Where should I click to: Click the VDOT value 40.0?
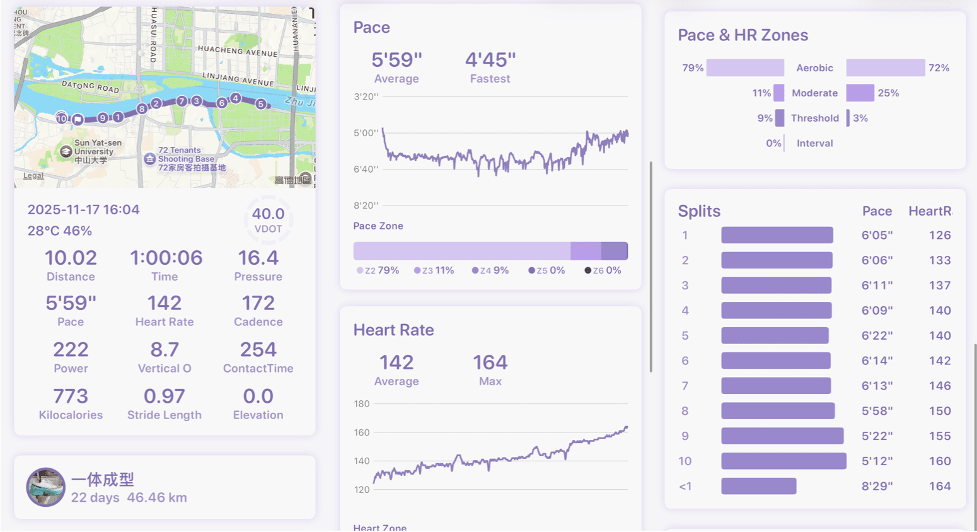pyautogui.click(x=268, y=214)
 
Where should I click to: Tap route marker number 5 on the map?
pyautogui.click(x=260, y=104)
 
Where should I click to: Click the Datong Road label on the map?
pyautogui.click(x=90, y=86)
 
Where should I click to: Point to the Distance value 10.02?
pyautogui.click(x=71, y=258)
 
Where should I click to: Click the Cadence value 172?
pyautogui.click(x=258, y=303)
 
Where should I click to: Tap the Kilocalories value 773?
pyautogui.click(x=71, y=396)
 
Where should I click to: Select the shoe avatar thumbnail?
pyautogui.click(x=45, y=487)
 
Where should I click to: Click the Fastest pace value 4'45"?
pyautogui.click(x=490, y=60)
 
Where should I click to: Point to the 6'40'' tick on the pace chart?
pyautogui.click(x=366, y=169)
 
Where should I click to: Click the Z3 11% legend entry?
pyautogui.click(x=434, y=270)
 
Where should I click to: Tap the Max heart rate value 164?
pyautogui.click(x=490, y=362)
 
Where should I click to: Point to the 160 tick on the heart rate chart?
pyautogui.click(x=362, y=432)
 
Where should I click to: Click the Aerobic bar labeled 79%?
pyautogui.click(x=745, y=68)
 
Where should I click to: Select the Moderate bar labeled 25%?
pyautogui.click(x=860, y=93)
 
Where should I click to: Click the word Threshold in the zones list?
pyautogui.click(x=814, y=119)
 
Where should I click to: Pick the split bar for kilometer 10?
pyautogui.click(x=783, y=461)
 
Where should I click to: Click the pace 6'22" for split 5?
pyautogui.click(x=877, y=336)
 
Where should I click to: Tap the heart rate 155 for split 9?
pyautogui.click(x=939, y=436)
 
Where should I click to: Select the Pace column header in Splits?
pyautogui.click(x=877, y=212)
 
